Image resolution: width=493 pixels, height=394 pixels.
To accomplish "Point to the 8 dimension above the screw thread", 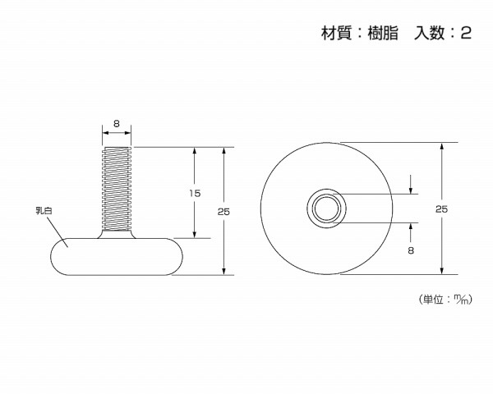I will coord(117,123).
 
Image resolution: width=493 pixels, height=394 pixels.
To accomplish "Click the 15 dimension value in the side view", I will coord(194,194).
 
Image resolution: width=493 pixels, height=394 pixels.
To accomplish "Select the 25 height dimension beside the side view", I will coord(223,212).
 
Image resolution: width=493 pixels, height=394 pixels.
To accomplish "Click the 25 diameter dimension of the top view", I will coord(441,210).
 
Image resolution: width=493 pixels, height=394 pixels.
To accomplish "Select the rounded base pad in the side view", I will coord(115,256).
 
